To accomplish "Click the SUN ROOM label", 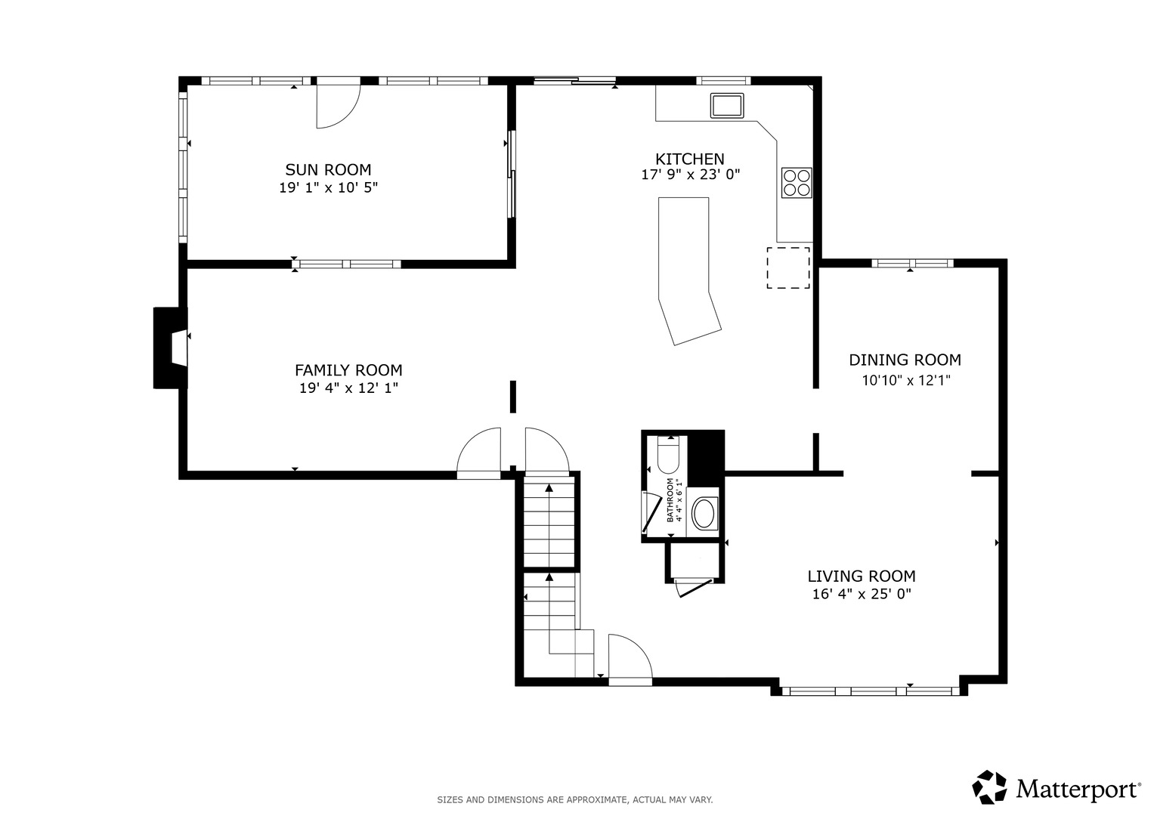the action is pyautogui.click(x=328, y=169).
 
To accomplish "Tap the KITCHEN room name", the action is pyautogui.click(x=690, y=159).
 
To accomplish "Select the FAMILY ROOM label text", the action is pyautogui.click(x=349, y=370).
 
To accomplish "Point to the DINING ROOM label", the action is pyautogui.click(x=905, y=360).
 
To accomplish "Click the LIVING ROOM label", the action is pyautogui.click(x=862, y=576).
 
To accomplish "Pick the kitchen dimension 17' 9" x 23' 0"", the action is pyautogui.click(x=690, y=175).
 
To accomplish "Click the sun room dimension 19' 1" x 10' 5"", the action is pyautogui.click(x=329, y=187).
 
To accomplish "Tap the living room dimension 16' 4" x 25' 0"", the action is pyautogui.click(x=862, y=594).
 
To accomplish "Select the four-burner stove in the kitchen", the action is pyautogui.click(x=797, y=183).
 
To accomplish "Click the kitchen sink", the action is pyautogui.click(x=727, y=106).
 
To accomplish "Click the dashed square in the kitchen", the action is pyautogui.click(x=788, y=268).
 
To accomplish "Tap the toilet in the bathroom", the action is pyautogui.click(x=669, y=454).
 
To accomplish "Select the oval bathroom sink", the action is pyautogui.click(x=704, y=512).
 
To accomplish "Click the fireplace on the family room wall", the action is pyautogui.click(x=171, y=348).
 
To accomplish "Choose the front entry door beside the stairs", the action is pyautogui.click(x=630, y=660).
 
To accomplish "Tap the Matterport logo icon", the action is pyautogui.click(x=989, y=787).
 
